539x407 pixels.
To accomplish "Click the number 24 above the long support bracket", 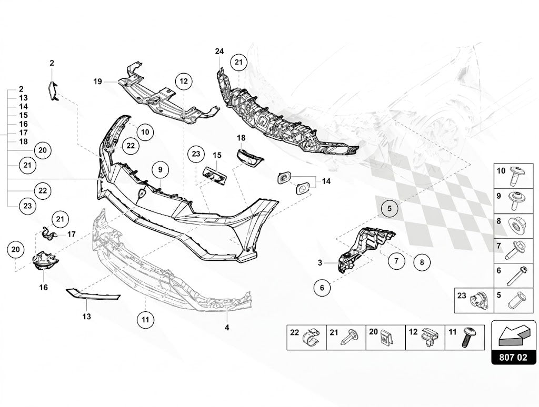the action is (x=219, y=52).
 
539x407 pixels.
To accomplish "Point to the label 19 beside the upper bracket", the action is (x=98, y=82).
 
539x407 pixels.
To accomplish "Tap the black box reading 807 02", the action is (x=513, y=357).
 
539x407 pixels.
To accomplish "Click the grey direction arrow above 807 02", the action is (x=513, y=335).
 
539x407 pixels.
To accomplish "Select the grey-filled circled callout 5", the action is (x=390, y=208).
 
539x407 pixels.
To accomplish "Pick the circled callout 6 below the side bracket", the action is (x=322, y=288).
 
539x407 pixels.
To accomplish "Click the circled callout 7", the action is (x=397, y=261).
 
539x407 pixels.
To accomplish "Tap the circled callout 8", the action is (x=422, y=263).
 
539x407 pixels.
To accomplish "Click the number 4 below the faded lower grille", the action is (x=227, y=328).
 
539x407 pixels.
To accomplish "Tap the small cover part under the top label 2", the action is (x=53, y=91).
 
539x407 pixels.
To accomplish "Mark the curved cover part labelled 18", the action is (x=249, y=157).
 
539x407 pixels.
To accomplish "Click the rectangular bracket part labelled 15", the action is (x=215, y=175).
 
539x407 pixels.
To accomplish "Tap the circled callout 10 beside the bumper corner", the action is (x=145, y=132).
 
